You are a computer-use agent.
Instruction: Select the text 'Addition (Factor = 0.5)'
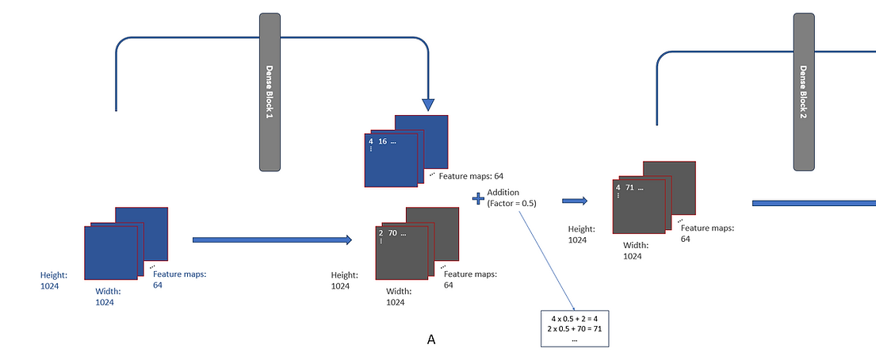click(512, 197)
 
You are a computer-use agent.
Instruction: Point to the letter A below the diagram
click(431, 339)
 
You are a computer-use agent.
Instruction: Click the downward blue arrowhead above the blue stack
click(428, 104)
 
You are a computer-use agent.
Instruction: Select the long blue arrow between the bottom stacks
click(272, 239)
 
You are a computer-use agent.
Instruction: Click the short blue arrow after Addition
click(575, 201)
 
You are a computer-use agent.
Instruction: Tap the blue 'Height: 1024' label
click(54, 280)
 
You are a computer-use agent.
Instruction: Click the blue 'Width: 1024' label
click(105, 297)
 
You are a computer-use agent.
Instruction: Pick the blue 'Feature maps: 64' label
click(179, 279)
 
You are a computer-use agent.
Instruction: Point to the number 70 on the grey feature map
click(393, 233)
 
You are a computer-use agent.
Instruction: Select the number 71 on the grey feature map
click(632, 188)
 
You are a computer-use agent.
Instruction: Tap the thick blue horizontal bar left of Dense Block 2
click(813, 204)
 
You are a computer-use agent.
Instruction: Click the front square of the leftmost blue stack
click(111, 251)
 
